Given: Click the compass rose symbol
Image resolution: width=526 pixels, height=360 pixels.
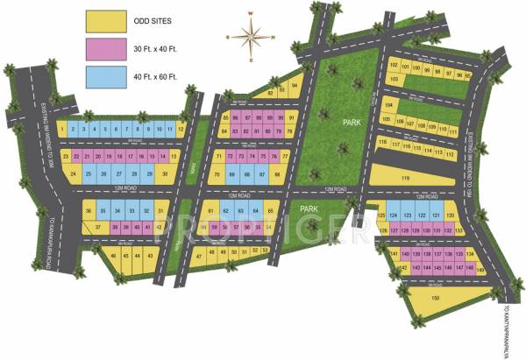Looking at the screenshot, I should (x=250, y=38).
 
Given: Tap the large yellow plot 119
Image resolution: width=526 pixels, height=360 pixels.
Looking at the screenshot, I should (x=405, y=179).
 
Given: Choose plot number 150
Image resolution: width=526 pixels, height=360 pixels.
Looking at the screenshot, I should (x=436, y=299).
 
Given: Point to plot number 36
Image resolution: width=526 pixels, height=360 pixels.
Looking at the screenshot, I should (x=88, y=211).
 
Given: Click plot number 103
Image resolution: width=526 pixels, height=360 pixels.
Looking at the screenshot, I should (x=395, y=79).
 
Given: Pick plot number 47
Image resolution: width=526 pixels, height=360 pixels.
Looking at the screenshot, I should (x=200, y=256).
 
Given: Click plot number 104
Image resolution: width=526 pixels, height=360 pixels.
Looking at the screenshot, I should (x=387, y=106).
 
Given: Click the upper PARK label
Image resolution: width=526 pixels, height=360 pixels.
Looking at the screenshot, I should (x=352, y=124).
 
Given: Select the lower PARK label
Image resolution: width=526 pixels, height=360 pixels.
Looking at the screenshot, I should (x=308, y=208).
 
